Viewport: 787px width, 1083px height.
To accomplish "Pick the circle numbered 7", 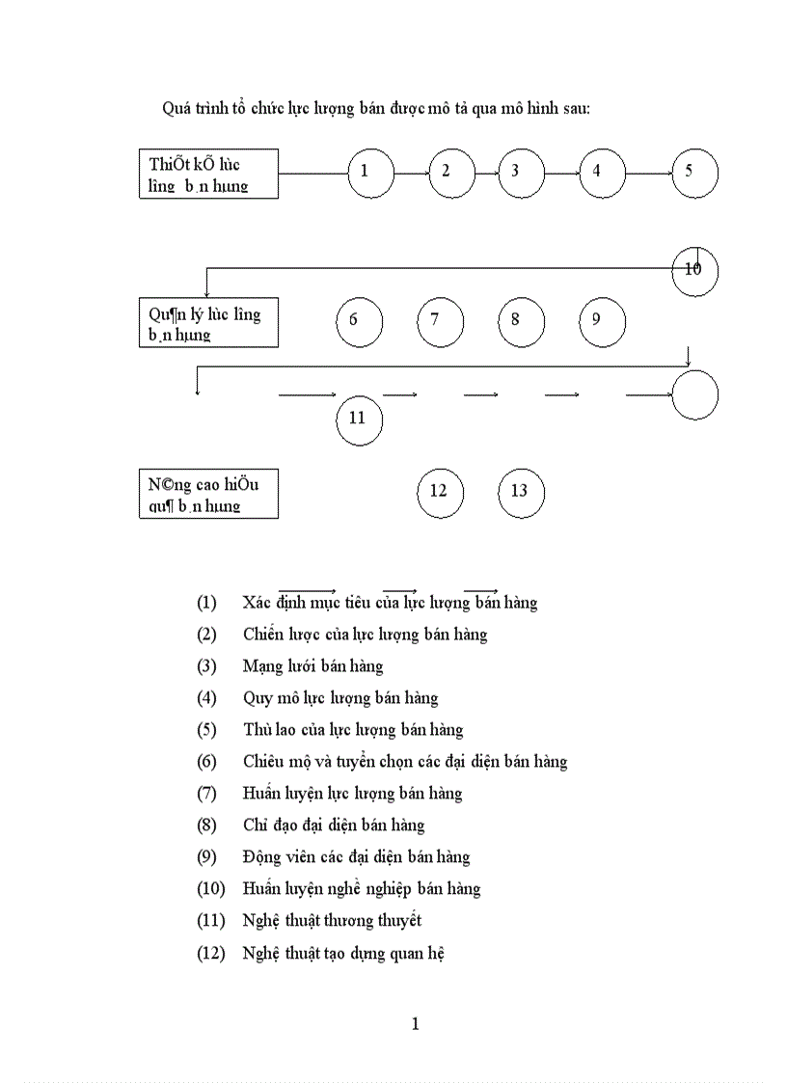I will (x=441, y=321).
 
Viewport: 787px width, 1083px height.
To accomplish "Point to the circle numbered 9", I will (x=603, y=321).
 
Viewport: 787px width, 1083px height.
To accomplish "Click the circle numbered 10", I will (x=694, y=271).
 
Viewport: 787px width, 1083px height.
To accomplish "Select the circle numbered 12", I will (x=440, y=493).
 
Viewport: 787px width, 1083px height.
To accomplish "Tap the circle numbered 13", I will (x=521, y=493).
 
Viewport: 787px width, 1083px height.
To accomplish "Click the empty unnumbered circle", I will (x=694, y=395).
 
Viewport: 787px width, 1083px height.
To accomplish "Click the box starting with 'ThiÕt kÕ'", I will (x=208, y=174).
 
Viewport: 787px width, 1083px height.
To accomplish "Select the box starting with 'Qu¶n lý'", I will (x=208, y=323).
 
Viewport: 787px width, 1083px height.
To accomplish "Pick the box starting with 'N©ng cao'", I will (x=208, y=494).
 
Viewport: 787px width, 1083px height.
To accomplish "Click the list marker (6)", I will (x=206, y=762).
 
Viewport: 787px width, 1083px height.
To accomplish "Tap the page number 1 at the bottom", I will (x=415, y=1024).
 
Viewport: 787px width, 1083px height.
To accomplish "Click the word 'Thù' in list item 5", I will (x=258, y=730).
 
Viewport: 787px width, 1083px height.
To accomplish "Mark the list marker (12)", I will (x=210, y=953).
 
